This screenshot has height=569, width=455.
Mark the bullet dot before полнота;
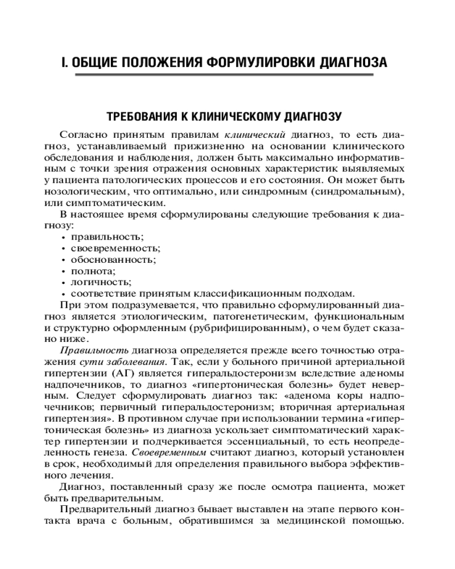pos(62,271)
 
